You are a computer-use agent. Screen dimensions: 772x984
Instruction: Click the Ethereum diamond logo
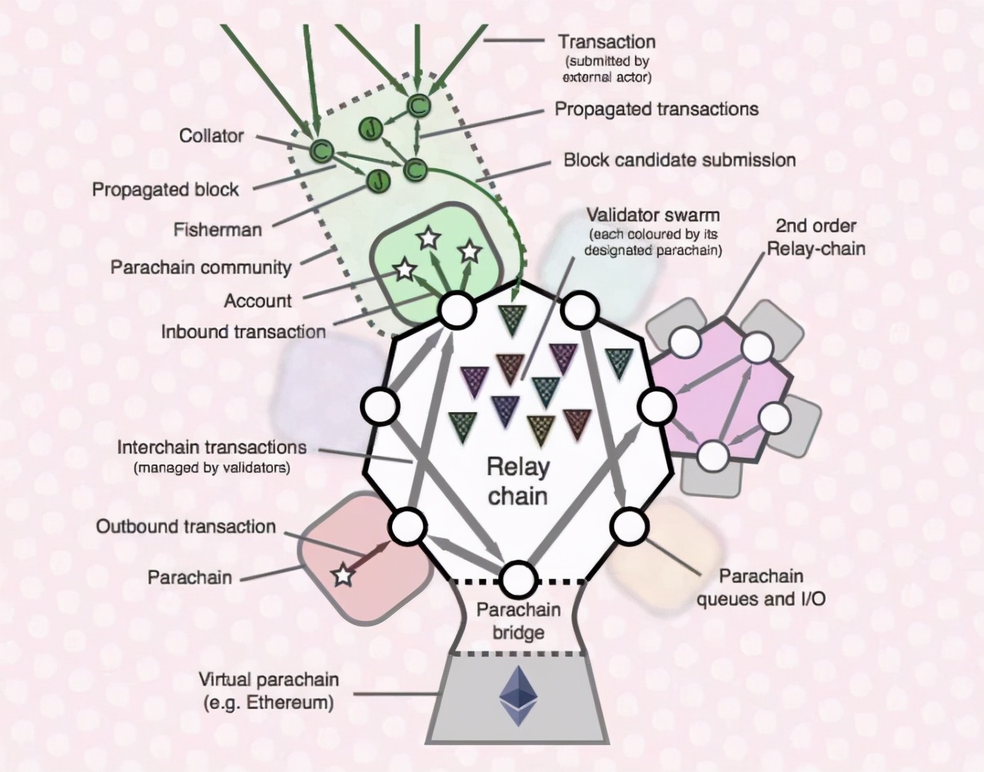click(x=517, y=695)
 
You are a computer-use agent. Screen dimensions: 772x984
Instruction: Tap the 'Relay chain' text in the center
click(x=518, y=481)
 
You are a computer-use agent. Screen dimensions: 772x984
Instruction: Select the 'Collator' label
click(x=211, y=136)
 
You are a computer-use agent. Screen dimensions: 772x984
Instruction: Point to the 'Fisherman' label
click(x=218, y=229)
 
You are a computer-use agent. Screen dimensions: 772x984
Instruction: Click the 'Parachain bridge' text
click(x=518, y=621)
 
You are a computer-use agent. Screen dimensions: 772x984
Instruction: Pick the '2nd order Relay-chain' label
click(x=816, y=237)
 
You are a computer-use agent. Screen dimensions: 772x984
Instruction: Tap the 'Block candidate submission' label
click(x=680, y=160)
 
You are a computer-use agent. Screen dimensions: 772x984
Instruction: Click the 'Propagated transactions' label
click(x=657, y=109)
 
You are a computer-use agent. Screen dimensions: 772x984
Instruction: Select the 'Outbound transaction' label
click(x=185, y=527)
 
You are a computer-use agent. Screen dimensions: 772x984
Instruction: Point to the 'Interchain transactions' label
click(x=211, y=448)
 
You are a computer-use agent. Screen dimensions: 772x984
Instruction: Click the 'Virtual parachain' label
click(x=268, y=680)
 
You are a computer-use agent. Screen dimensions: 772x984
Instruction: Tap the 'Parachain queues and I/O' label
click(x=761, y=587)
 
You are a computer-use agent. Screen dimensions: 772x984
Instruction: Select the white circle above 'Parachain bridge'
click(x=518, y=579)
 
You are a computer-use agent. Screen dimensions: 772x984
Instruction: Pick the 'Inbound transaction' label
click(x=244, y=331)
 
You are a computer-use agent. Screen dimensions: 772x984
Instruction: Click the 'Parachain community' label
click(x=201, y=268)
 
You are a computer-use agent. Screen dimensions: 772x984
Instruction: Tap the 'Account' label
click(x=258, y=301)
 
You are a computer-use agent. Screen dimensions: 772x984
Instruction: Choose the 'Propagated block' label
click(x=165, y=189)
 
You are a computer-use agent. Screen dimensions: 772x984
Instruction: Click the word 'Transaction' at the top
click(x=607, y=42)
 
